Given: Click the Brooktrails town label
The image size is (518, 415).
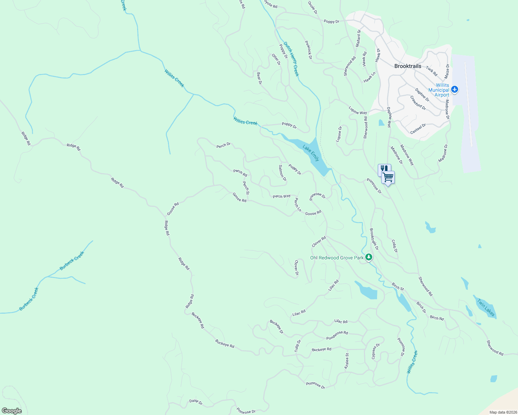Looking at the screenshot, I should click(408, 66).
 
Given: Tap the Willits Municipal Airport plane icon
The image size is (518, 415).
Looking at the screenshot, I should click(455, 90).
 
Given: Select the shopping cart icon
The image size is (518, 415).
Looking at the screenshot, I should click(388, 177).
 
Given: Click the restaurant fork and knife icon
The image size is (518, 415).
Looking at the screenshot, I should click(384, 169).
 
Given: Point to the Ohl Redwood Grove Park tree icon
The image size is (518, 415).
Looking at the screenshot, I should click(369, 257).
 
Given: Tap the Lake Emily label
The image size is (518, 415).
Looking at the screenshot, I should click(311, 153).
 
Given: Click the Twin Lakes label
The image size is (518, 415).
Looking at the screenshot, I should click(486, 307).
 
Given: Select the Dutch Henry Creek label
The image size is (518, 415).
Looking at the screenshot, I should click(291, 59).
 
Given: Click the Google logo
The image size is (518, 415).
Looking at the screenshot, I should click(11, 411).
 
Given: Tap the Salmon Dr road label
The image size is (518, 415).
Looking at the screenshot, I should click(283, 173).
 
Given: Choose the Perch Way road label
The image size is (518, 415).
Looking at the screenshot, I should click(282, 196).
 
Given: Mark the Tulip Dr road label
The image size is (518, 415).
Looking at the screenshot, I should click(298, 346).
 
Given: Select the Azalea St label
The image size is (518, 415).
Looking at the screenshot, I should click(347, 361).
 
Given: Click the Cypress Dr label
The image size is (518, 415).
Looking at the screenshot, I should click(376, 351).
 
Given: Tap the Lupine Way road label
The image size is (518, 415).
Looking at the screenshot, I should click(358, 110).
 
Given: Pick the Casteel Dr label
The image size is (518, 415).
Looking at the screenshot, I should click(418, 129).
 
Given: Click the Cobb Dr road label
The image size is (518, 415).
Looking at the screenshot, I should click(395, 246).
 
